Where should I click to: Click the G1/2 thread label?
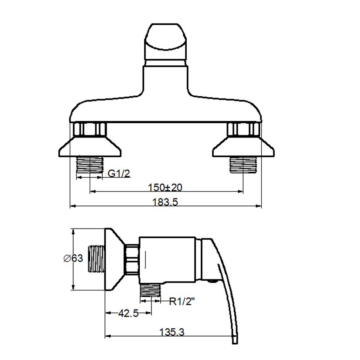coord(119,173)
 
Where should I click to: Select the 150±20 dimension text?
coord(165,187)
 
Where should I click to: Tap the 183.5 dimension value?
coord(165,202)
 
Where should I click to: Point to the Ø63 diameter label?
coord(73,258)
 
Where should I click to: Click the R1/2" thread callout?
coord(182,302)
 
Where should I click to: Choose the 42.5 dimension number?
coord(128,313)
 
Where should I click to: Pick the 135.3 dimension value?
coord(172,332)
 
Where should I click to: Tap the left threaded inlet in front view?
coord(90,165)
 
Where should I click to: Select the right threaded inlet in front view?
coord(243,165)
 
